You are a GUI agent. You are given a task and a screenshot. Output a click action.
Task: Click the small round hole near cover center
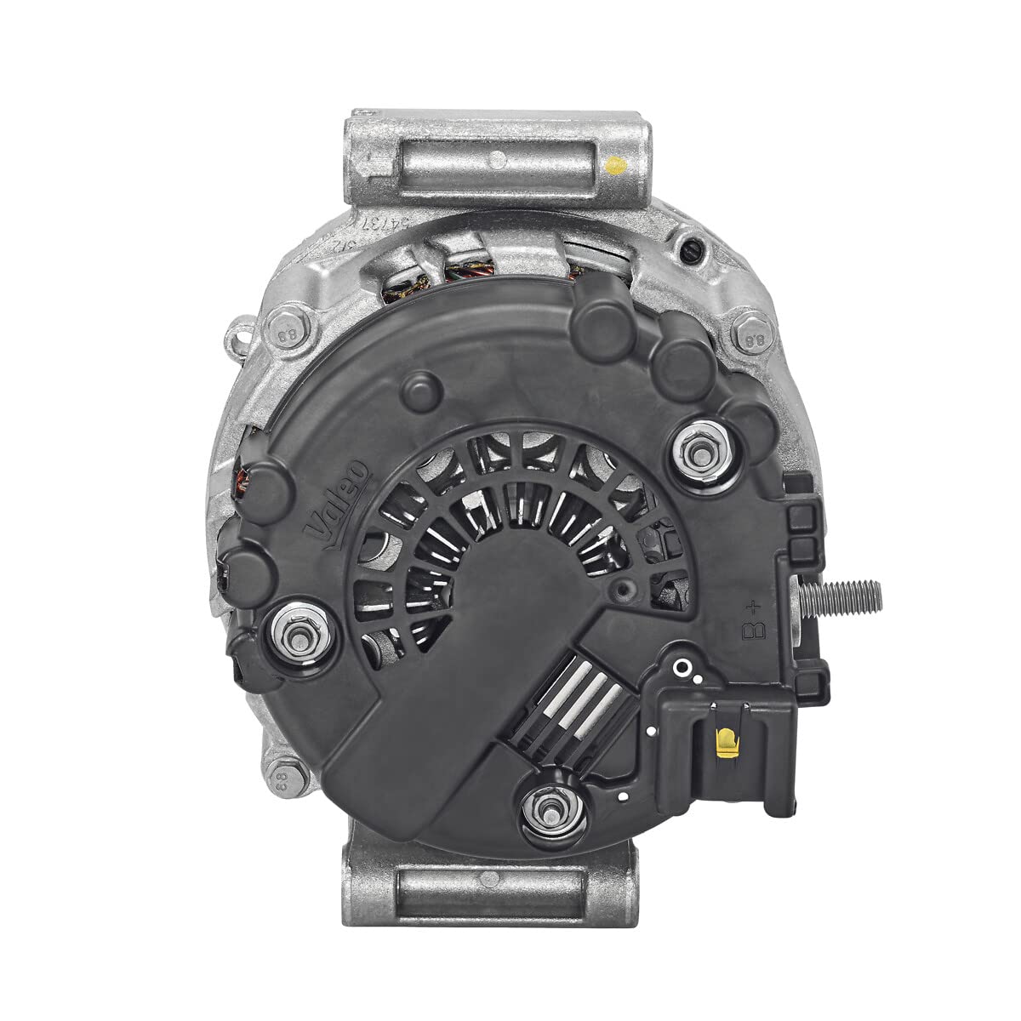[626, 589]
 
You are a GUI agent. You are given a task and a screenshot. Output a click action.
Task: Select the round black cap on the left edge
[247, 559]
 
